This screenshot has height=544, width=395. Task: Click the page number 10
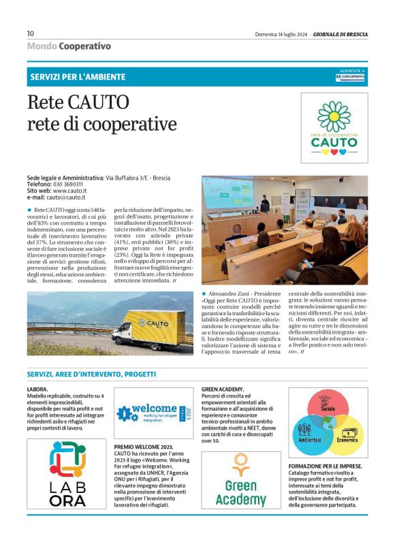pos(31,33)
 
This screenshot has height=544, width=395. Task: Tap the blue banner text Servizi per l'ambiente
pos(77,76)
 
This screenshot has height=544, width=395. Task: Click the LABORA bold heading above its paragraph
pos(37,389)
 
